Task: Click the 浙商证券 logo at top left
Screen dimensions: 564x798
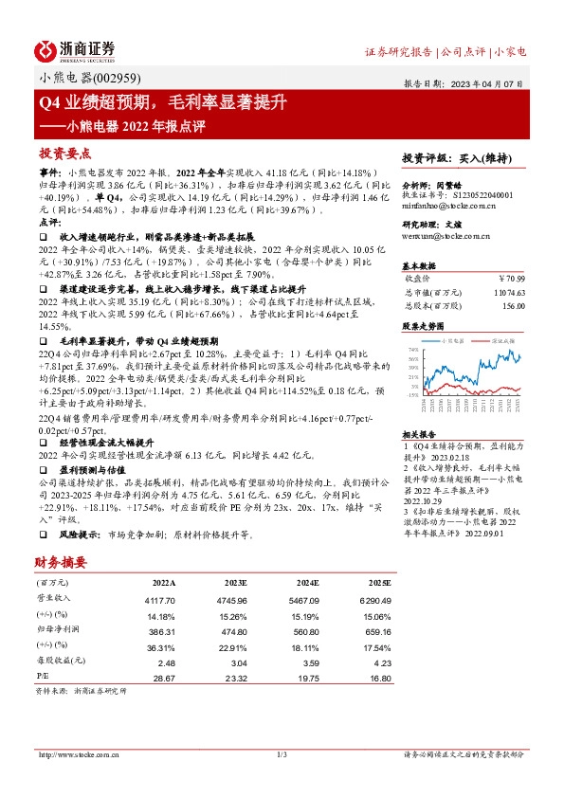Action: point(76,50)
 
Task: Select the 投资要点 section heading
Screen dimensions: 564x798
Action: point(64,153)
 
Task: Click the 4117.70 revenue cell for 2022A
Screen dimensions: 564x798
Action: point(158,599)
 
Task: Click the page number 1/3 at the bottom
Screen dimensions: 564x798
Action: point(281,754)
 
